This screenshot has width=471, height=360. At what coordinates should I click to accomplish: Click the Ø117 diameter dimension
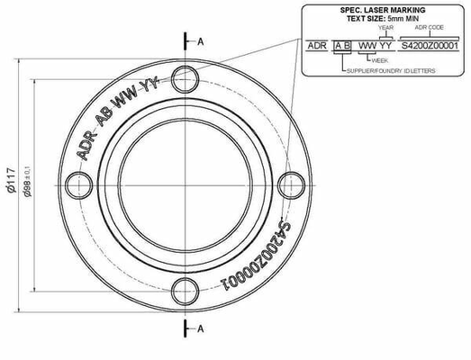(11, 180)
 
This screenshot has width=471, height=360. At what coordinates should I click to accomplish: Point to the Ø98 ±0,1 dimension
(27, 181)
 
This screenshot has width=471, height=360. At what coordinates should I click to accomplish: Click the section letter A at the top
(200, 41)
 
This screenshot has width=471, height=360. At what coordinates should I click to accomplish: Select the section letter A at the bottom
(200, 329)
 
